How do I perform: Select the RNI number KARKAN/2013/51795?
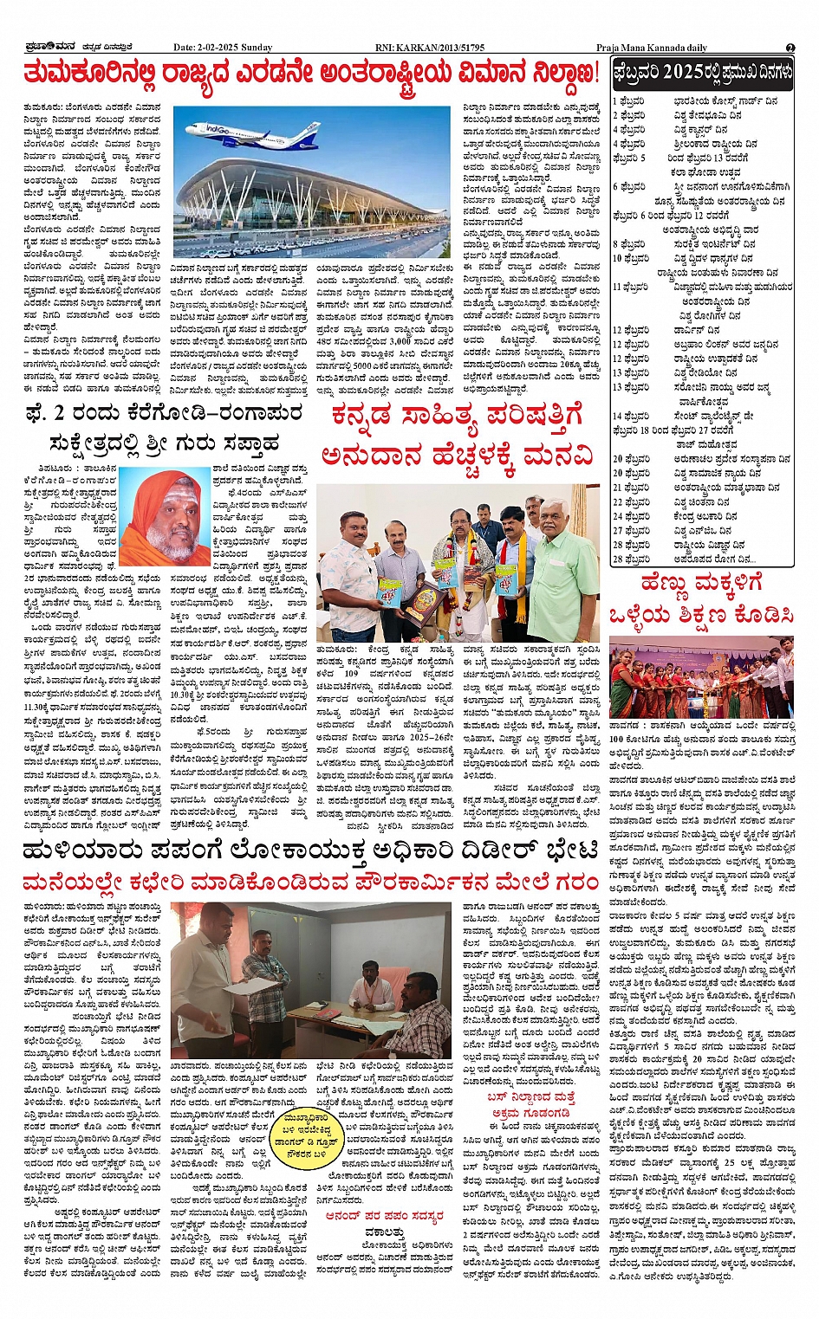pos(443,48)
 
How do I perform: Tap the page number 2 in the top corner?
pos(790,48)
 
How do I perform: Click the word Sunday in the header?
pos(257,48)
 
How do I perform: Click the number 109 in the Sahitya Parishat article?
pos(351,673)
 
